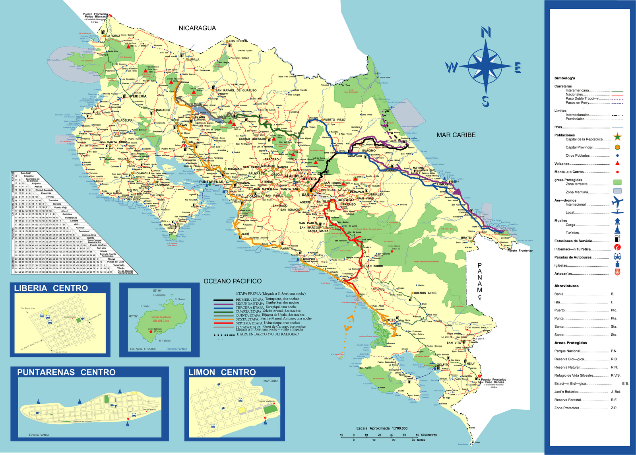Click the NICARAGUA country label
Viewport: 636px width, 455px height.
pyautogui.click(x=197, y=28)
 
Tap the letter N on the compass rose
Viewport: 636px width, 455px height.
pyautogui.click(x=486, y=32)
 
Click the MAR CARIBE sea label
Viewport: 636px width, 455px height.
pyautogui.click(x=456, y=135)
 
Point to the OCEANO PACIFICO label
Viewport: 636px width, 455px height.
pyautogui.click(x=233, y=281)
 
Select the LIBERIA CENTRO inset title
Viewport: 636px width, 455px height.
pyautogui.click(x=51, y=288)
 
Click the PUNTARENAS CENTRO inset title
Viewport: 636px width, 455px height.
pyautogui.click(x=66, y=372)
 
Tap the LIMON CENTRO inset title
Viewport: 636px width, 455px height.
pyautogui.click(x=222, y=372)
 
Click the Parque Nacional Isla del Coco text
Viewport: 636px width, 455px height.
pyautogui.click(x=161, y=319)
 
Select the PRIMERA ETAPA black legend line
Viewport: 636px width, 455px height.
pyautogui.click(x=224, y=300)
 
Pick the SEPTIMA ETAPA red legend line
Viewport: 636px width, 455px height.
pyautogui.click(x=224, y=323)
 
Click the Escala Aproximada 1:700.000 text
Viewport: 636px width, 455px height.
pyautogui.click(x=382, y=428)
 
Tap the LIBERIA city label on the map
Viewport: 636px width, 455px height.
pyautogui.click(x=140, y=96)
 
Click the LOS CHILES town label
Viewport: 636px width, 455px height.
pyautogui.click(x=238, y=41)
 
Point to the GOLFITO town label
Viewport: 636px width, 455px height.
pyautogui.click(x=443, y=364)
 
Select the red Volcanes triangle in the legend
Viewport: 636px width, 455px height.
pyautogui.click(x=617, y=163)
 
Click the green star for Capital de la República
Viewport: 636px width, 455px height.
pyautogui.click(x=617, y=138)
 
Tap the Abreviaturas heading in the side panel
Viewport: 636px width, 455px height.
pyautogui.click(x=566, y=286)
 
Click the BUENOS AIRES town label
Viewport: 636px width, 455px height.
pyautogui.click(x=425, y=293)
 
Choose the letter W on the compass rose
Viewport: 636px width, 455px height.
pyautogui.click(x=452, y=68)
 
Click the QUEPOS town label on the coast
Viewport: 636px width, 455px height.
pyautogui.click(x=309, y=259)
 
